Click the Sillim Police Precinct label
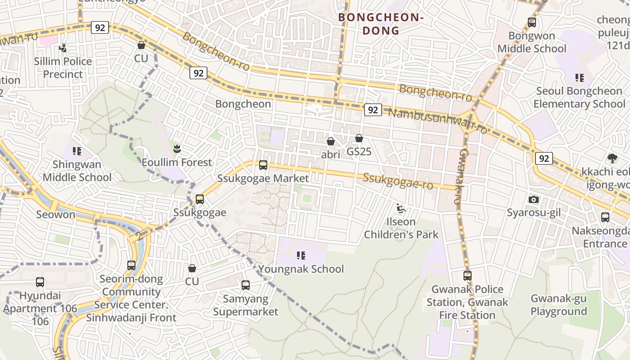63,67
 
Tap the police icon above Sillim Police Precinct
63,48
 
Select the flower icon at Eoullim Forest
177,148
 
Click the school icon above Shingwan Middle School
76,151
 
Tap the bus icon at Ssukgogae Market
263,165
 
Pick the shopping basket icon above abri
331,141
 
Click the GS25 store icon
359,138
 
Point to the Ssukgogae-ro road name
398,181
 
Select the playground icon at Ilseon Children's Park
400,208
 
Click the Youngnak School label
301,269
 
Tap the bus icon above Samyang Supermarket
246,285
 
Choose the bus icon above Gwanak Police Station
468,275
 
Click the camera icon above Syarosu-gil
534,199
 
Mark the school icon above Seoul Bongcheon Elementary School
580,78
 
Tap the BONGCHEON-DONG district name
381,24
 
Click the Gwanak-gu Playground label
558,305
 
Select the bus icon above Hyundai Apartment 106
40,282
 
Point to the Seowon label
56,214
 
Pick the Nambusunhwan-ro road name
438,121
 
